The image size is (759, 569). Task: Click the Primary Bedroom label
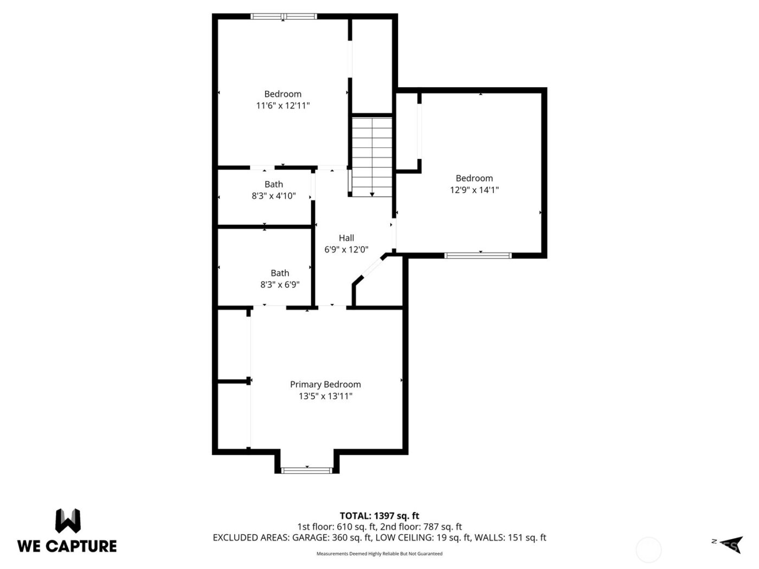[325, 384]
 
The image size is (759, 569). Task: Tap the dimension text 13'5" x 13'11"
[325, 396]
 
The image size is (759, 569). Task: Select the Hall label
[346, 238]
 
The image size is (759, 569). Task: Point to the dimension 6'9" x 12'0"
[346, 250]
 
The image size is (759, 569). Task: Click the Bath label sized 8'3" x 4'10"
[274, 184]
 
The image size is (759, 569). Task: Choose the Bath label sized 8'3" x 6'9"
[280, 273]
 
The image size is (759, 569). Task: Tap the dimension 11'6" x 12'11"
[282, 106]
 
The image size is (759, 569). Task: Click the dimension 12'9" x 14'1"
[474, 190]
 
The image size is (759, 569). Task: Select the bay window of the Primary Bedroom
[307, 470]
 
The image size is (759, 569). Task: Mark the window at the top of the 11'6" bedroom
[284, 17]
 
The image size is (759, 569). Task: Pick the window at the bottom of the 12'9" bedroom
[478, 255]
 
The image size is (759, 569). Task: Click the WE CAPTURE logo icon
[68, 521]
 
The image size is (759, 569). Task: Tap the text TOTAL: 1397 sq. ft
[379, 516]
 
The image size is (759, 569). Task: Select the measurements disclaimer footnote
[379, 554]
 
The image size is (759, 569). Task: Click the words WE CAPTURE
[67, 546]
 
